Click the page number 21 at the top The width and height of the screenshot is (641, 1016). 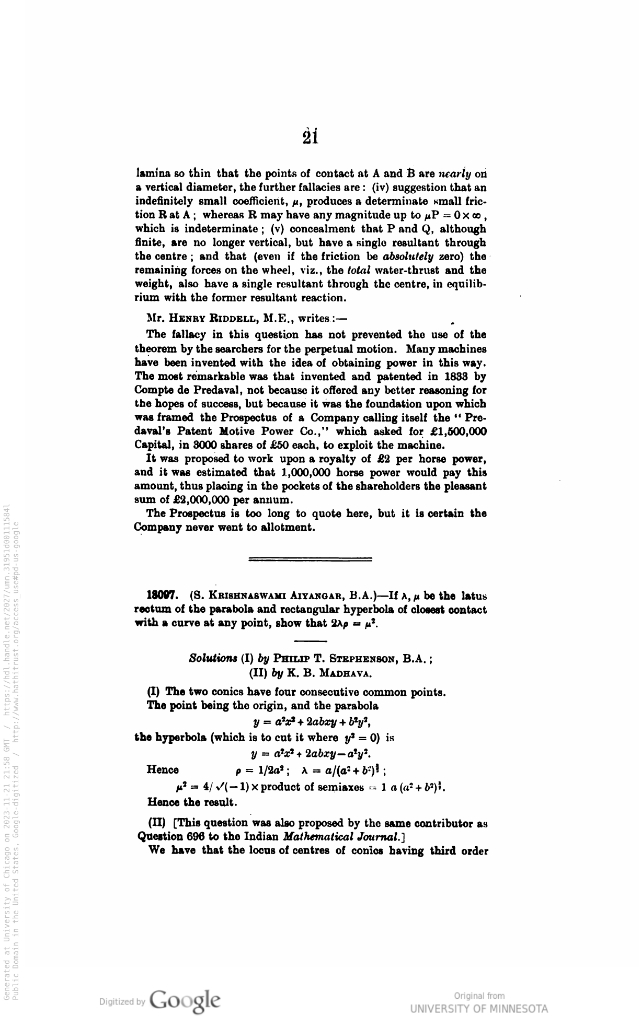click(x=311, y=136)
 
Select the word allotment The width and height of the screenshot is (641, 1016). click(x=288, y=527)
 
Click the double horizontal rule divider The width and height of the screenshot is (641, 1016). click(x=311, y=559)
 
